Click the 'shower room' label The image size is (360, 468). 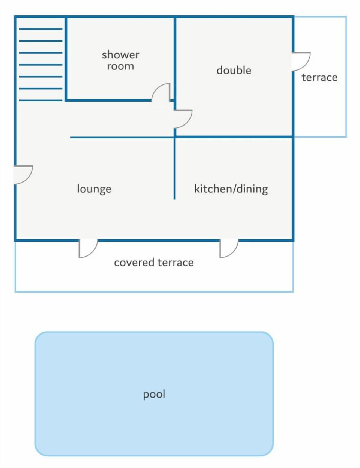click(120, 60)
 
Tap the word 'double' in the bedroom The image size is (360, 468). click(234, 70)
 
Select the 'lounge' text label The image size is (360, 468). click(94, 189)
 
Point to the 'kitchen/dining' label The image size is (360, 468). click(231, 189)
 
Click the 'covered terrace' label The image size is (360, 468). click(154, 262)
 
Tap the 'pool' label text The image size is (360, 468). click(154, 394)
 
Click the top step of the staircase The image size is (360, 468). click(41, 29)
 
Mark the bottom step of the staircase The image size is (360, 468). click(41, 100)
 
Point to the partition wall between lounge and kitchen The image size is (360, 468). click(174, 168)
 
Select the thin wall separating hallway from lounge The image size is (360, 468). click(122, 137)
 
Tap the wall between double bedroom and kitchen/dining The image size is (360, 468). click(234, 137)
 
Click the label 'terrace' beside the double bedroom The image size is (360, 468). click(319, 78)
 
